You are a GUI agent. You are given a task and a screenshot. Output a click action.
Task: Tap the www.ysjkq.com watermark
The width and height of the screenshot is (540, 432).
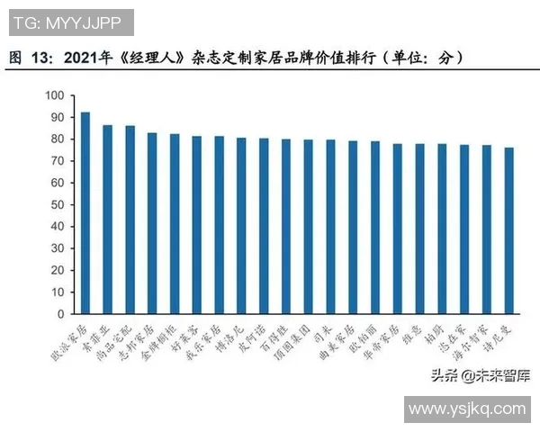click(466, 409)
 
